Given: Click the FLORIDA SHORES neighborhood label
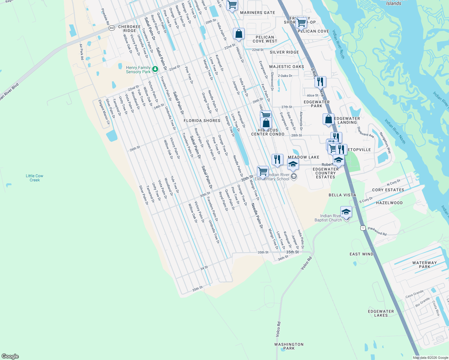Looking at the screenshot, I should [x=202, y=121].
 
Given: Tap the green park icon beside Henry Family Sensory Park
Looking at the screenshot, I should [x=155, y=69].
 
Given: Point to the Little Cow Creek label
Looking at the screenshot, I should [x=35, y=178].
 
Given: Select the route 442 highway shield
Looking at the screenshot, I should [x=112, y=28].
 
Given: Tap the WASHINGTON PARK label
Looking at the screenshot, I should [x=289, y=346].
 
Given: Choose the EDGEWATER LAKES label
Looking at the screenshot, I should [x=381, y=313].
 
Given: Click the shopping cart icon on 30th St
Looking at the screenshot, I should [x=263, y=171].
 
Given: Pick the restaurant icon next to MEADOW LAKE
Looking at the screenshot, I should [x=277, y=159].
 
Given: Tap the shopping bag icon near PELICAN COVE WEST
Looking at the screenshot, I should [x=239, y=34].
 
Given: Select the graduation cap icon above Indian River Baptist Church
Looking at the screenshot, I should [x=346, y=212].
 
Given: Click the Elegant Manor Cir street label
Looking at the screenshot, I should [x=104, y=112].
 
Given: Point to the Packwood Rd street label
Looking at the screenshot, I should [x=377, y=231].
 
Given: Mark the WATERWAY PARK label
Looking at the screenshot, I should [x=424, y=265].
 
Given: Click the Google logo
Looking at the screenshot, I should [x=10, y=356].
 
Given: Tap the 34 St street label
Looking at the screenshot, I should [x=204, y=268].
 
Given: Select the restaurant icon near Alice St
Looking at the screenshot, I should [x=320, y=81].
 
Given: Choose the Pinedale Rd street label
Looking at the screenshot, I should [x=105, y=16].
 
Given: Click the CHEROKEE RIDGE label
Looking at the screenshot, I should [x=130, y=28].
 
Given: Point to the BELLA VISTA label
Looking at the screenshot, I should [x=342, y=195].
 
